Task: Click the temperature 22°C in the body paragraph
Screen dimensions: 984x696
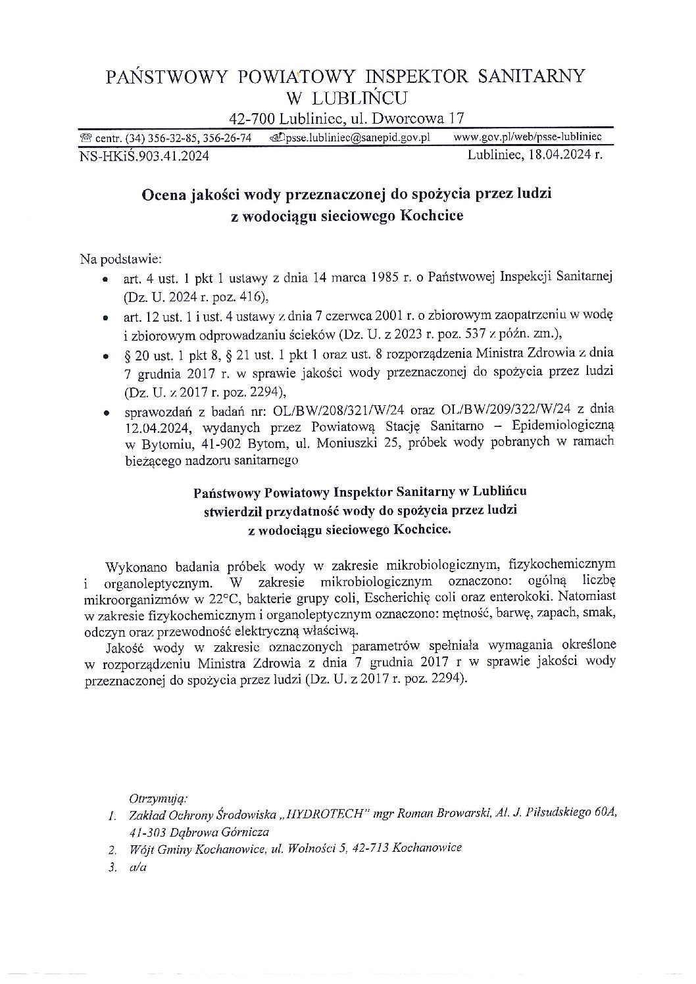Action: click(x=225, y=599)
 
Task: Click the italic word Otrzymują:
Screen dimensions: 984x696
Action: click(x=159, y=799)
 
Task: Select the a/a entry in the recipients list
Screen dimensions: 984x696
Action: click(x=138, y=867)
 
